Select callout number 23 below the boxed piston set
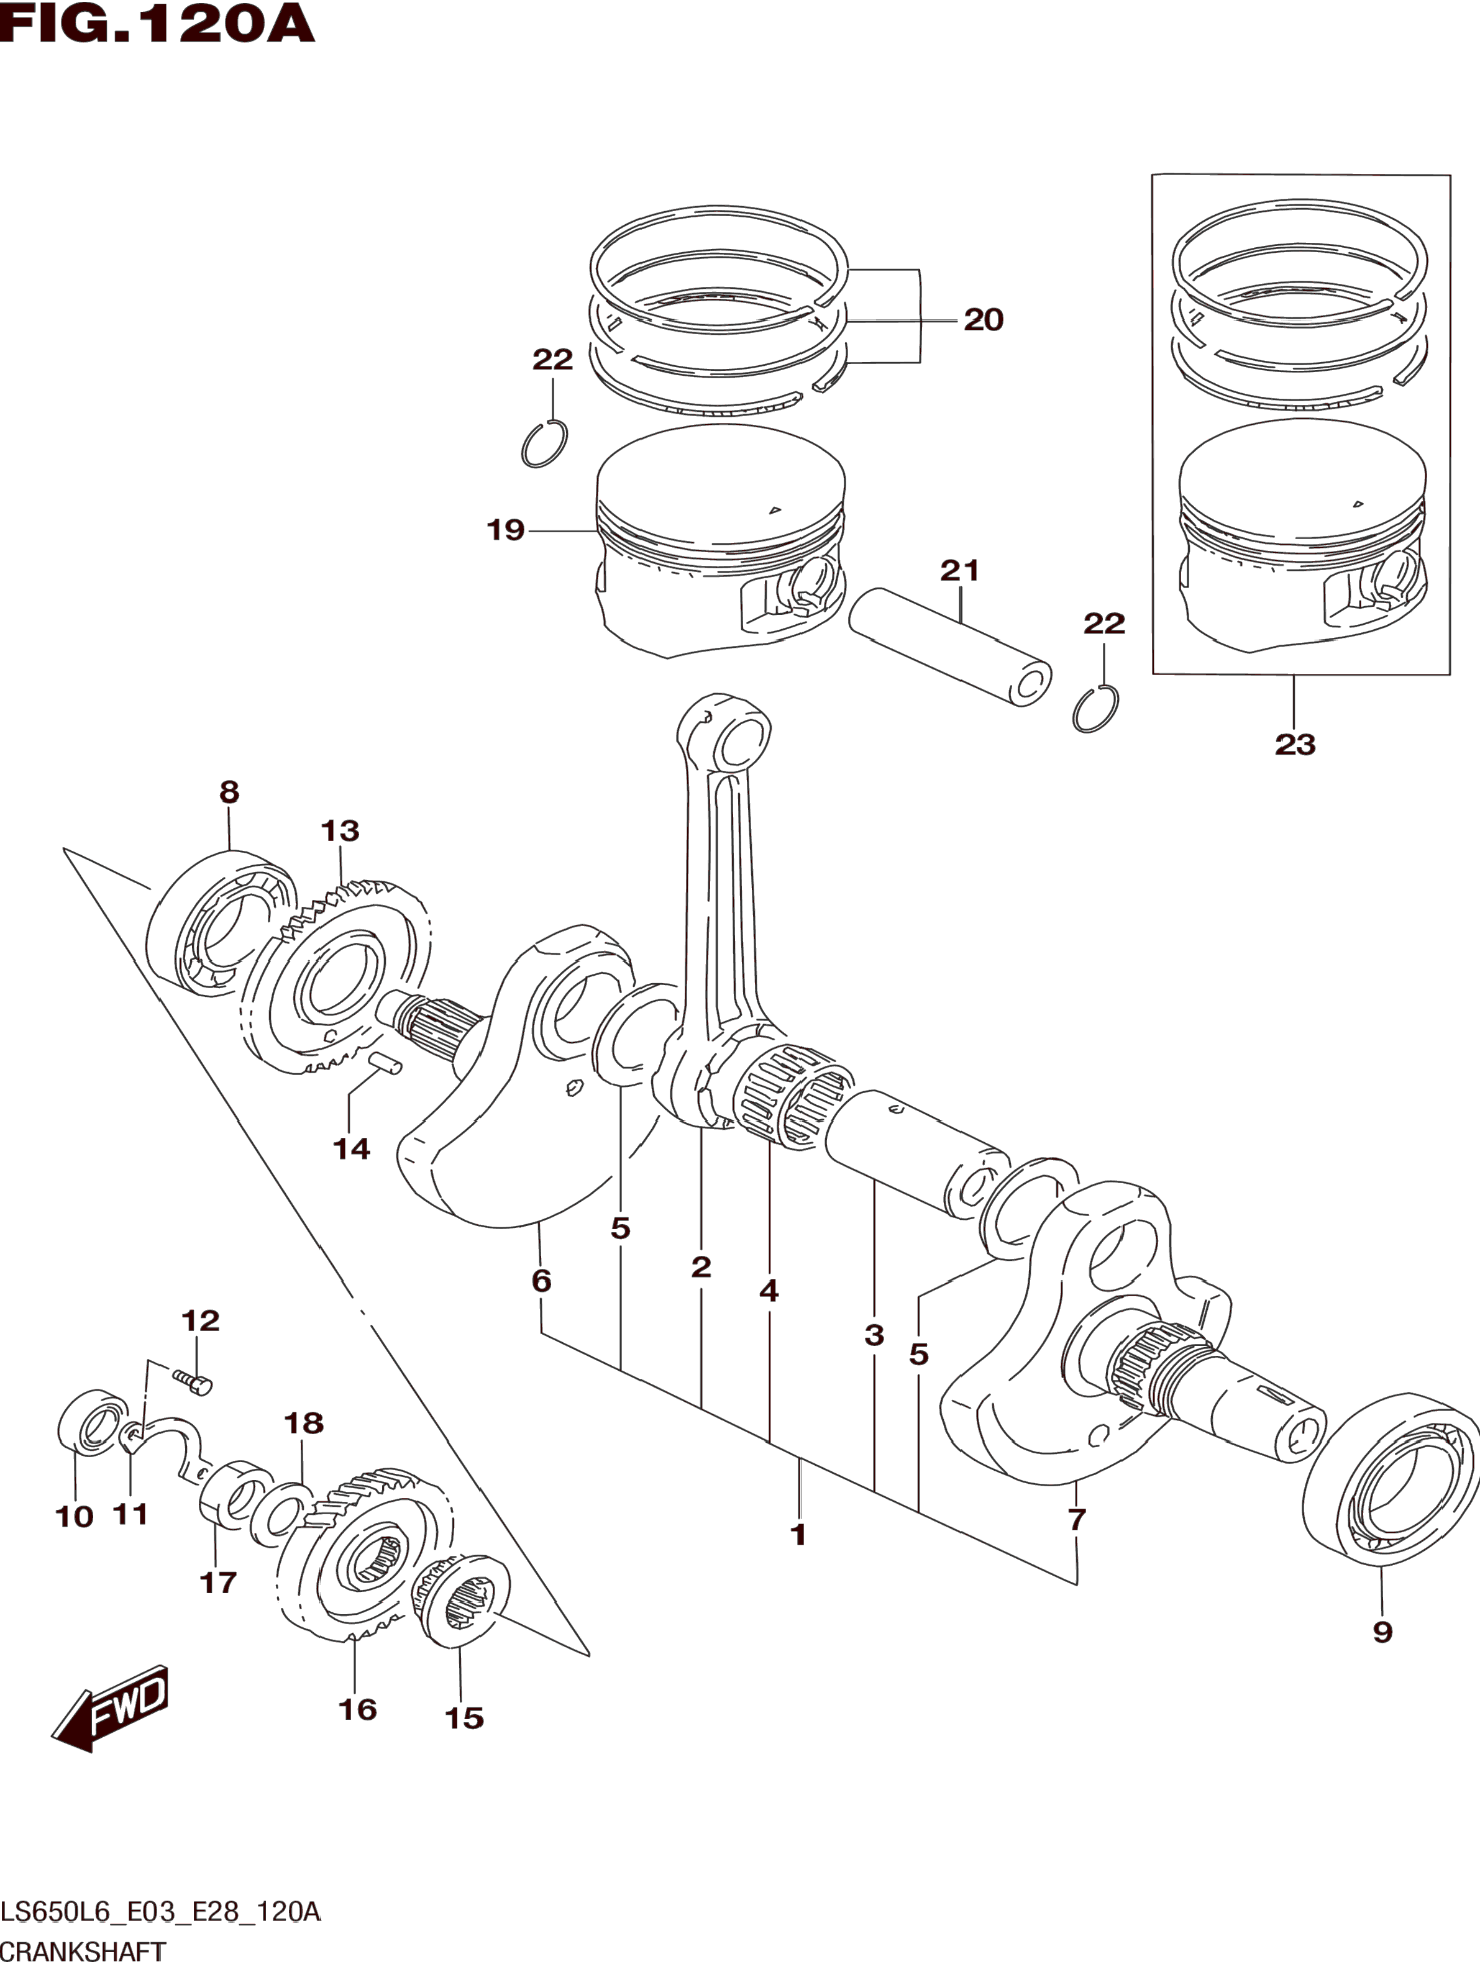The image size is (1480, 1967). tap(1294, 744)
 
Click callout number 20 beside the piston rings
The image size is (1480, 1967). tap(984, 320)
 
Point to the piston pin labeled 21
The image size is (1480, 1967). tap(949, 647)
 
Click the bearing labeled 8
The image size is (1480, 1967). tap(221, 922)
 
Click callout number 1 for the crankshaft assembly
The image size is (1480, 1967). tap(798, 1534)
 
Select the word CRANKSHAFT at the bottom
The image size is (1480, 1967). tap(84, 1955)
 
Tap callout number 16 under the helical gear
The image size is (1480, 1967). tap(357, 1709)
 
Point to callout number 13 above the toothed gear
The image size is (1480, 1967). tap(340, 830)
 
